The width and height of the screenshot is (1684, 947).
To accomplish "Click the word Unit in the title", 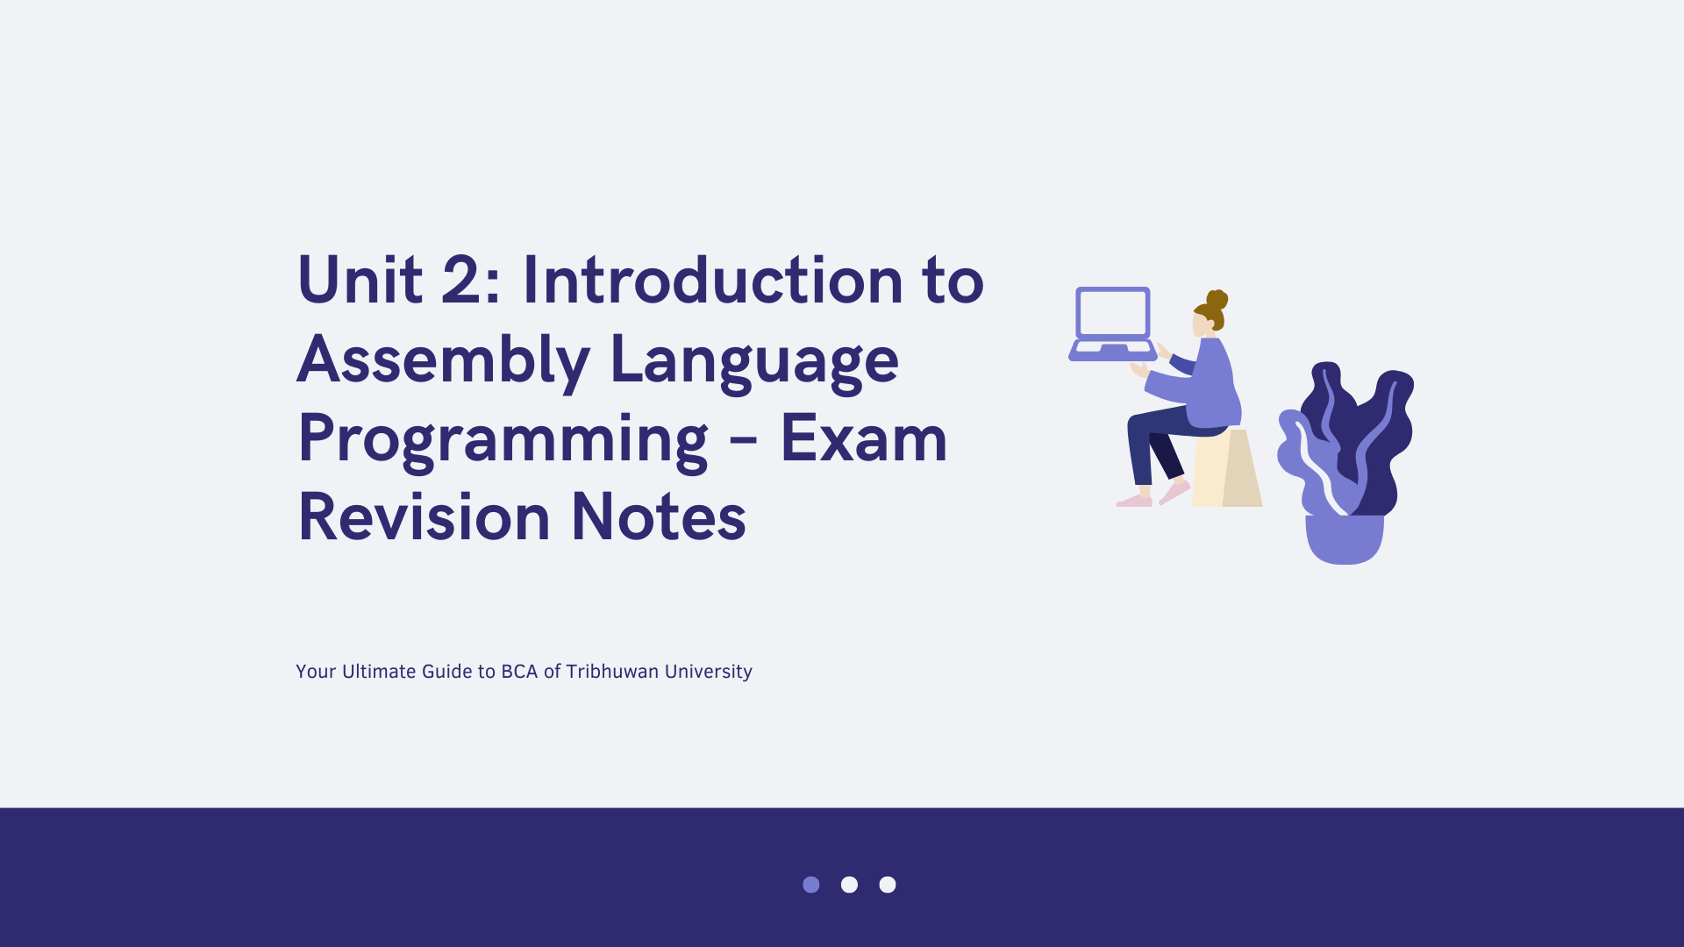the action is point(360,280).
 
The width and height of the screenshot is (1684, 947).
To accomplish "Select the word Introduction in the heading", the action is point(712,280).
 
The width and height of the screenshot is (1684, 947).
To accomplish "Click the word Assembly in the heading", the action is point(444,360).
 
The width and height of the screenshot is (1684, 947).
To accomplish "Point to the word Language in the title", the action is point(754,360).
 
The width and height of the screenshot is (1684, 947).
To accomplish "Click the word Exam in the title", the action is point(864,438).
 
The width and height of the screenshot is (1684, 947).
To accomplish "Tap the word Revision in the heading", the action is point(425,516).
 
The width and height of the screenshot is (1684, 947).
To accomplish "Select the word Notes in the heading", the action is point(659,516).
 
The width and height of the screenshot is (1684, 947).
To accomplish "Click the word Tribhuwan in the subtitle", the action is point(612,672).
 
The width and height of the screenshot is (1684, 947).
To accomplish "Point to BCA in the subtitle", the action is point(519,672).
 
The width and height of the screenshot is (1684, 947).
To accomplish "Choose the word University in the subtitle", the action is point(709,673).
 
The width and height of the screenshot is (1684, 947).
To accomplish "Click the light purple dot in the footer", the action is point(811,885).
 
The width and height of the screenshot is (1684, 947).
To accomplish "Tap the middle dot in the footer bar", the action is point(849,885).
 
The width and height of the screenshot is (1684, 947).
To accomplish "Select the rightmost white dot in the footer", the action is point(888,885).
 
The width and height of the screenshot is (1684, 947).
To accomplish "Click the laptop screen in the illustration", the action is point(1113,313).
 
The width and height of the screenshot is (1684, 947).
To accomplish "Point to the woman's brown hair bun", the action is point(1217,300).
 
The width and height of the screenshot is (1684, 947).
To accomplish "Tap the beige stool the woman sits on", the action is point(1227,468).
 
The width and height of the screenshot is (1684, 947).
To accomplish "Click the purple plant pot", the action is point(1345,538).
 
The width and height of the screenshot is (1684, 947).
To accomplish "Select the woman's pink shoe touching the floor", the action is point(1134,501).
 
